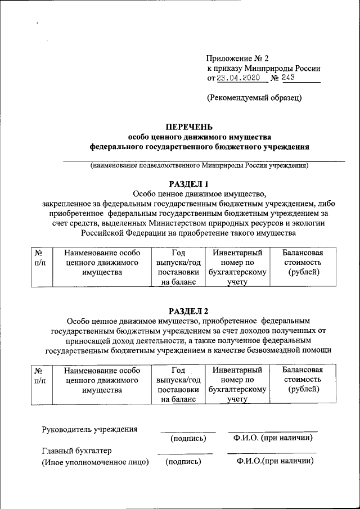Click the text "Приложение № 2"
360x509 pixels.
click(x=238, y=58)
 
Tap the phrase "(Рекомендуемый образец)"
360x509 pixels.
click(x=254, y=97)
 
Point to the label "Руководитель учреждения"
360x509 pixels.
click(x=90, y=430)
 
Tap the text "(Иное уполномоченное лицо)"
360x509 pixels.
click(x=96, y=462)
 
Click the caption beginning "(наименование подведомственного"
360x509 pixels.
click(x=200, y=165)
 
